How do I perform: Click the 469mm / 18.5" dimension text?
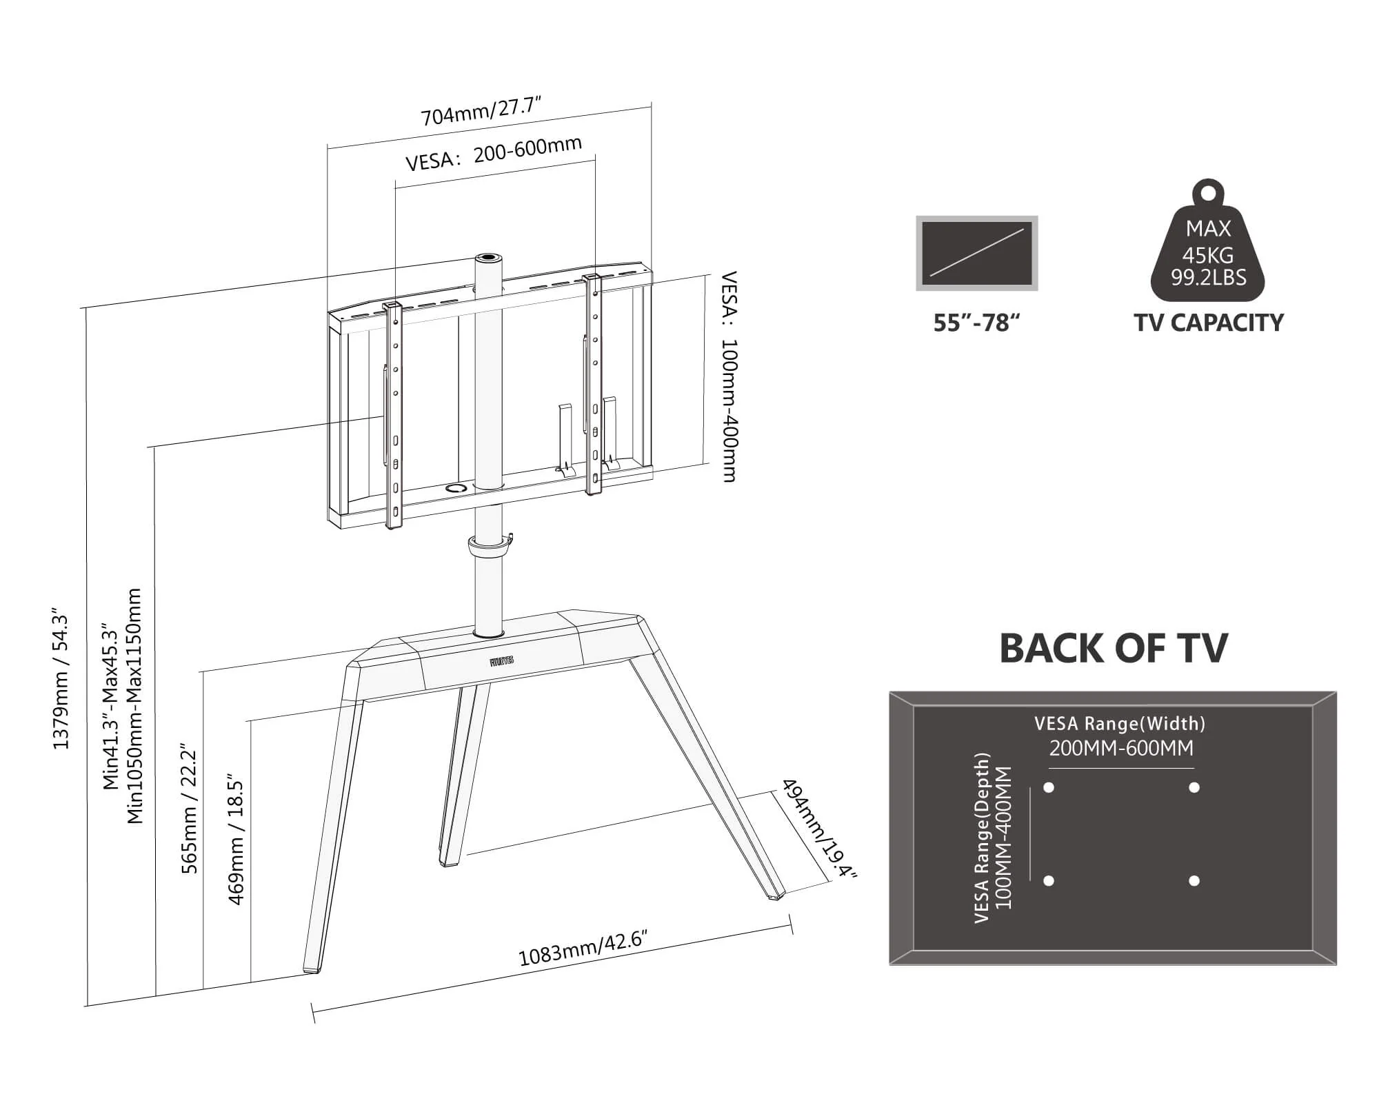tap(236, 838)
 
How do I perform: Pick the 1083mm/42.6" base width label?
tap(583, 949)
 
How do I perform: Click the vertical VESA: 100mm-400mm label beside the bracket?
tap(729, 376)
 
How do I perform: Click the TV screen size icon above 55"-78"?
tap(976, 253)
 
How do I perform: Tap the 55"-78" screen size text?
tap(976, 323)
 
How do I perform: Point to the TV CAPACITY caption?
tap(1208, 323)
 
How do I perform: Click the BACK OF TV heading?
tap(1113, 648)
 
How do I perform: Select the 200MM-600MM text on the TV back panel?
tap(1120, 748)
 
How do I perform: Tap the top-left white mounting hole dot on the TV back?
tap(1049, 787)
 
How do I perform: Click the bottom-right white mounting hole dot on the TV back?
tap(1194, 880)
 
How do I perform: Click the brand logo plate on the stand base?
tap(501, 661)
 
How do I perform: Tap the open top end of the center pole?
tap(488, 258)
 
